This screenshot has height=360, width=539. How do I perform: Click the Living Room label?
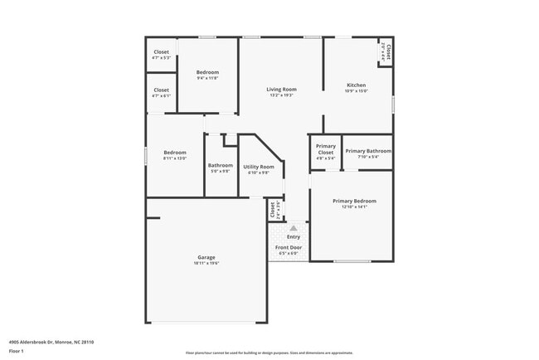coord(281,90)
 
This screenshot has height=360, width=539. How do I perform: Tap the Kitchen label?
coord(357,85)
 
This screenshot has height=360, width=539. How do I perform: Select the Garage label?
coord(206,257)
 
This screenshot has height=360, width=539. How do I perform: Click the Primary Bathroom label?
coord(367,151)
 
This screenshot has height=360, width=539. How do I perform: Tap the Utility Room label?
coord(258,167)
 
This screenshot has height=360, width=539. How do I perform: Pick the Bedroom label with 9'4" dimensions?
coord(207,73)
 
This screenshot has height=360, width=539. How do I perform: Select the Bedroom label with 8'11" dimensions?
coord(175,153)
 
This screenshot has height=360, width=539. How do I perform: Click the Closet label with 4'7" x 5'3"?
coord(162,52)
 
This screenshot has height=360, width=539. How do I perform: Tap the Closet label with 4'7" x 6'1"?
coord(162,90)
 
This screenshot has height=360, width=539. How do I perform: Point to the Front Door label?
coord(289,248)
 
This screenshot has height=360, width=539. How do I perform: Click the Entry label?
coord(294,237)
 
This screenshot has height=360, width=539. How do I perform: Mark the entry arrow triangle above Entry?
coord(293,227)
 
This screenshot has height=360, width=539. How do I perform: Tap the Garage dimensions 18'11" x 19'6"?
coord(206,263)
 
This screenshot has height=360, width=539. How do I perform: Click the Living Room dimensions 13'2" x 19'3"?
coord(281,95)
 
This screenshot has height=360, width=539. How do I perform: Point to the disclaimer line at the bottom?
coord(269,353)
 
